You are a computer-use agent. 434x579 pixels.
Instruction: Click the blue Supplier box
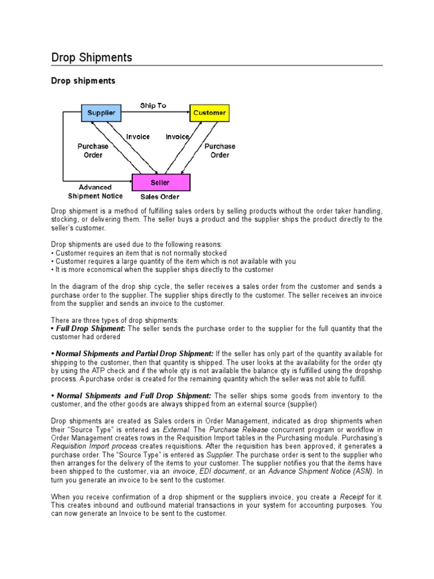coord(101,113)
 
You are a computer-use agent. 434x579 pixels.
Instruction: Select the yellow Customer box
coord(209,113)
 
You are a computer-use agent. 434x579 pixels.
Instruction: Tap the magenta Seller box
coord(161,183)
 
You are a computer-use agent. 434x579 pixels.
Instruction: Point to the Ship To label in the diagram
coord(153,105)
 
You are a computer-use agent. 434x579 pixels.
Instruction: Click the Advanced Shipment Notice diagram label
coord(95,192)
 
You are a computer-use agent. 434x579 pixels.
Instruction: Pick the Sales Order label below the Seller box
coord(160,197)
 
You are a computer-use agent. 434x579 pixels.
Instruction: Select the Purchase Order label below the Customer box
coord(220,150)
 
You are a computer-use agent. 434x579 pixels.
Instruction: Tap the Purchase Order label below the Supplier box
coord(93,150)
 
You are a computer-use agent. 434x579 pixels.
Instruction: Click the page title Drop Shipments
coord(92,58)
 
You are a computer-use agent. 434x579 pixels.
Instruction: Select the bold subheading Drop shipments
coord(83,81)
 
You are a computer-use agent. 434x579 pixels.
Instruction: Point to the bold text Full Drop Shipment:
coord(91,329)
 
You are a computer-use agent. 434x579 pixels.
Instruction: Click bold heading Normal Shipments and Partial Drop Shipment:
coord(135,353)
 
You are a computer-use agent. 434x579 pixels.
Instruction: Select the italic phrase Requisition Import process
coord(94,446)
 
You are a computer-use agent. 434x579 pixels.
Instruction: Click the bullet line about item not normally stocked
coord(139,253)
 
